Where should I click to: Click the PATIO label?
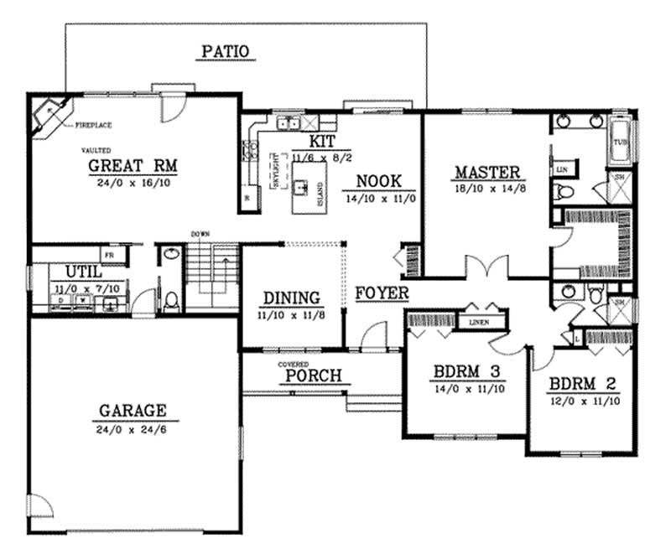click(225, 52)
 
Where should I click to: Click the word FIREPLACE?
click(94, 126)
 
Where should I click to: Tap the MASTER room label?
click(487, 174)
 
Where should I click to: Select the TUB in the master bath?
click(620, 142)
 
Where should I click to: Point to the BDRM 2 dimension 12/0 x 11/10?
click(585, 401)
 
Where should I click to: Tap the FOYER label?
click(382, 293)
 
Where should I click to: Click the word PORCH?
click(314, 375)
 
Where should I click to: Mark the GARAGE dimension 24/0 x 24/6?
click(134, 428)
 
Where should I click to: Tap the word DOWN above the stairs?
click(200, 233)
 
